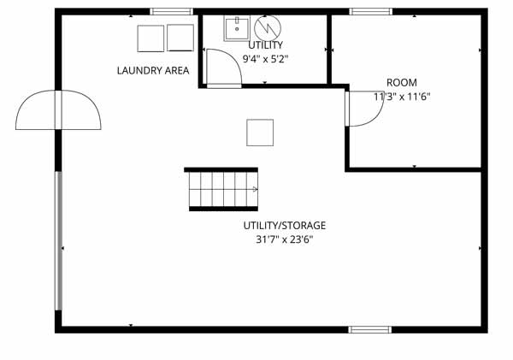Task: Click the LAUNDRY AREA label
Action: click(x=153, y=70)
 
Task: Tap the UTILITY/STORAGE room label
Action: click(x=285, y=226)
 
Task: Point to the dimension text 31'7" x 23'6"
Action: click(x=285, y=239)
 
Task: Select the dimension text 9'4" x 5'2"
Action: click(x=265, y=59)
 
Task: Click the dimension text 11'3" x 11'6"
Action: click(x=402, y=97)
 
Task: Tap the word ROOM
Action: click(x=402, y=82)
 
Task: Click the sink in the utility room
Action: click(x=237, y=28)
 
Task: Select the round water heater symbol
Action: click(x=268, y=28)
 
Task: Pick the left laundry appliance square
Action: click(x=150, y=38)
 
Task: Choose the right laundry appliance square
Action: click(x=180, y=38)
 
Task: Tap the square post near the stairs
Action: click(x=260, y=133)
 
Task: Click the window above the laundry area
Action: click(x=172, y=11)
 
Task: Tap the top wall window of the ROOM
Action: click(x=371, y=11)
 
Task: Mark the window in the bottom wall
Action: click(x=369, y=329)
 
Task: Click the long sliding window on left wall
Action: click(x=58, y=240)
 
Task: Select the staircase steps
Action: click(x=223, y=189)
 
